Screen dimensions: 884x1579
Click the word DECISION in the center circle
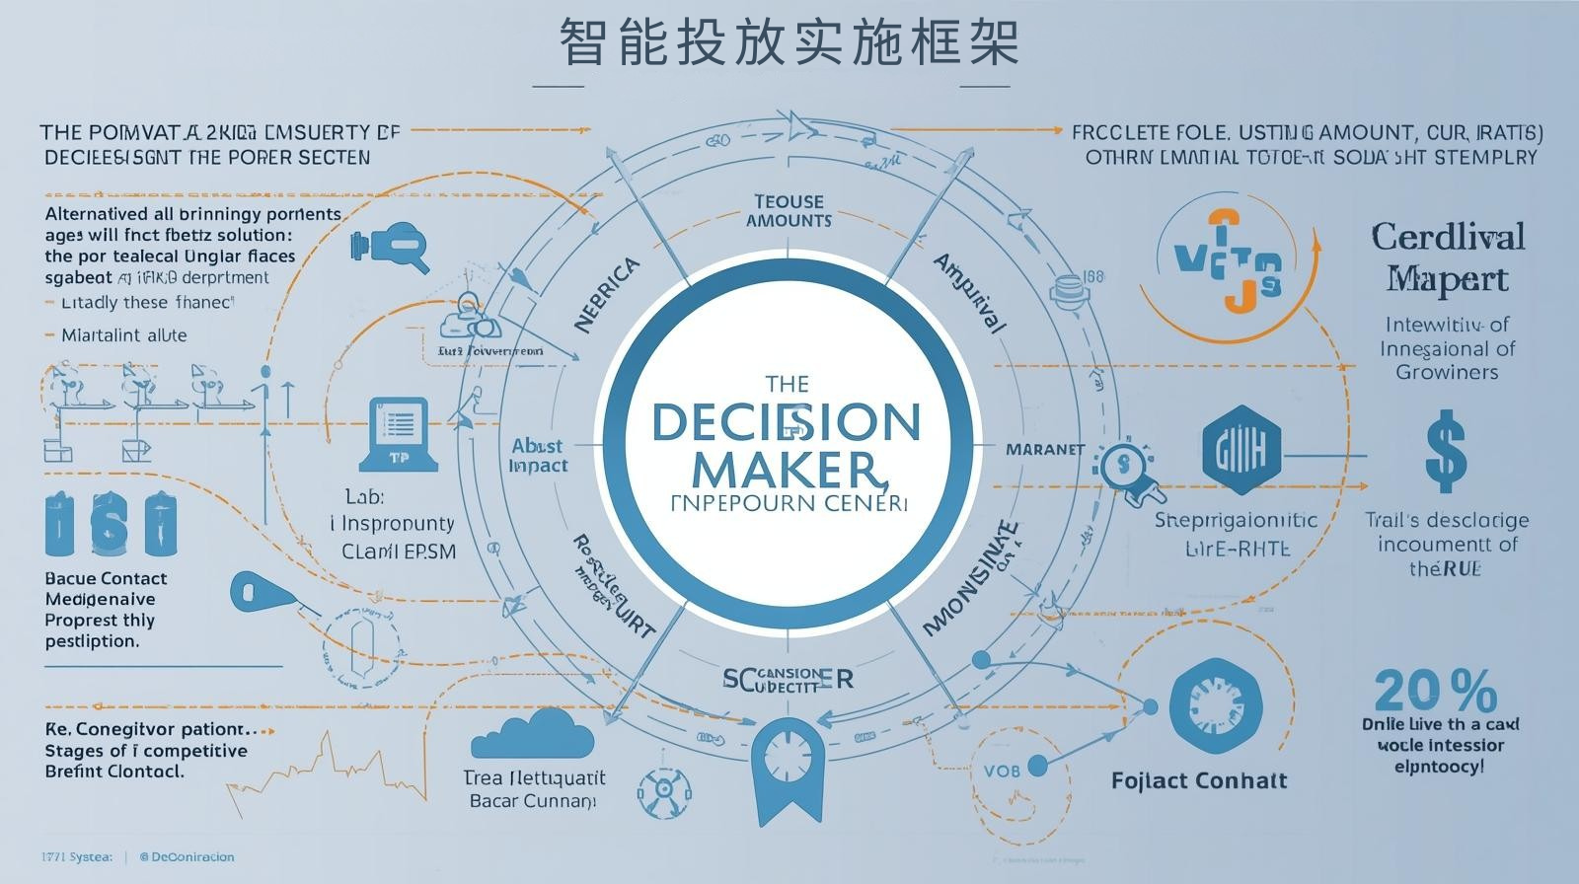point(787,422)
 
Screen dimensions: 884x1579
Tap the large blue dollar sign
point(1446,452)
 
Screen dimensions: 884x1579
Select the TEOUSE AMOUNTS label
point(789,211)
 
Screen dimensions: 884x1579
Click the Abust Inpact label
point(538,455)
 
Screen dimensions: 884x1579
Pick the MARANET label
point(1045,449)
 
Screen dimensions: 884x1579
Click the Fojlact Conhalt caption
point(1199,780)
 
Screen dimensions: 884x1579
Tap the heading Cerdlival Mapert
point(1448,257)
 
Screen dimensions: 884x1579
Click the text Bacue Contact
point(106,578)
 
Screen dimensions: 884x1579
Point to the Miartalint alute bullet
point(123,334)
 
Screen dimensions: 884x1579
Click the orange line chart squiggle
point(326,770)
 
